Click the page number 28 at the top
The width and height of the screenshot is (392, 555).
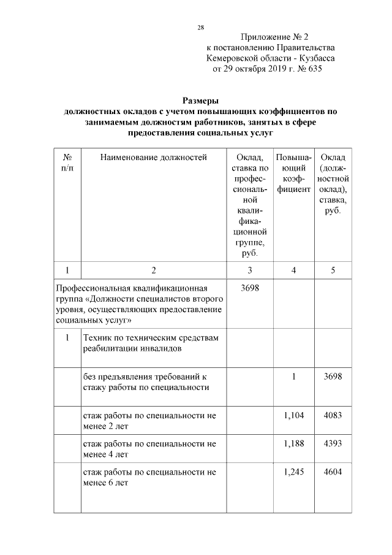point(200,28)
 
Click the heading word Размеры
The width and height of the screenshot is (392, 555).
point(201,101)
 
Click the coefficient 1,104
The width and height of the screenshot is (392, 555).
point(294,416)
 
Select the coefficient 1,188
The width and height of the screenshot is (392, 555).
point(294,443)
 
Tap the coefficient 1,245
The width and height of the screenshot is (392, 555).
point(294,472)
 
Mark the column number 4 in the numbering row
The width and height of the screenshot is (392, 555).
point(294,270)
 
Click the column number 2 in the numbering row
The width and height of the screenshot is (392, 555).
point(154,270)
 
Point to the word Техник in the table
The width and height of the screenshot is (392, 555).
point(99,338)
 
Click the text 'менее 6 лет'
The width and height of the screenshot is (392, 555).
point(105,482)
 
